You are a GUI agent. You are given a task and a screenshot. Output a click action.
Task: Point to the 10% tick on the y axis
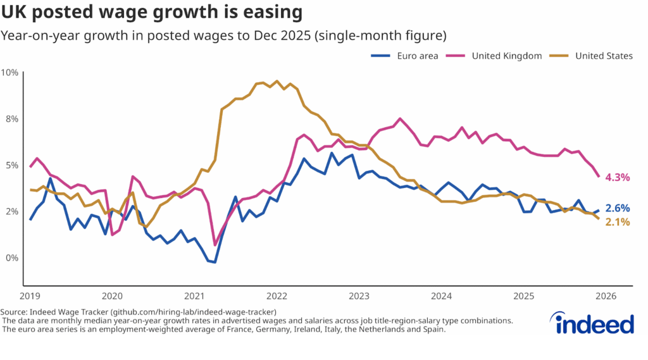pos(9,72)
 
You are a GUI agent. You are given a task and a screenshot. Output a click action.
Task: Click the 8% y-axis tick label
pos(11,119)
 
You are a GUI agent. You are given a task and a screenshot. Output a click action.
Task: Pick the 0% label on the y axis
pos(11,258)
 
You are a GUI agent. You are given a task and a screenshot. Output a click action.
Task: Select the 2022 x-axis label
pos(277,296)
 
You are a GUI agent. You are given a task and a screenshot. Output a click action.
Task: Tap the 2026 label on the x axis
pos(606,296)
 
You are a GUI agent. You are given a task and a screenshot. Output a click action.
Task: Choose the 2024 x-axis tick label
pos(442,296)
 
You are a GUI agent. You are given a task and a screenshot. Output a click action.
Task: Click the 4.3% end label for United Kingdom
pos(618,178)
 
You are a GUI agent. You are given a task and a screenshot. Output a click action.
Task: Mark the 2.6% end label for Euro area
pos(618,208)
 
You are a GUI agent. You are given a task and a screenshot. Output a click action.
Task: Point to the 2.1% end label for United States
pos(618,222)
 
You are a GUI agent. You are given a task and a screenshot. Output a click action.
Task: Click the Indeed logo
pos(595,324)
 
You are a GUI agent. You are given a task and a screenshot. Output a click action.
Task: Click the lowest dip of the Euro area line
pos(215,262)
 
